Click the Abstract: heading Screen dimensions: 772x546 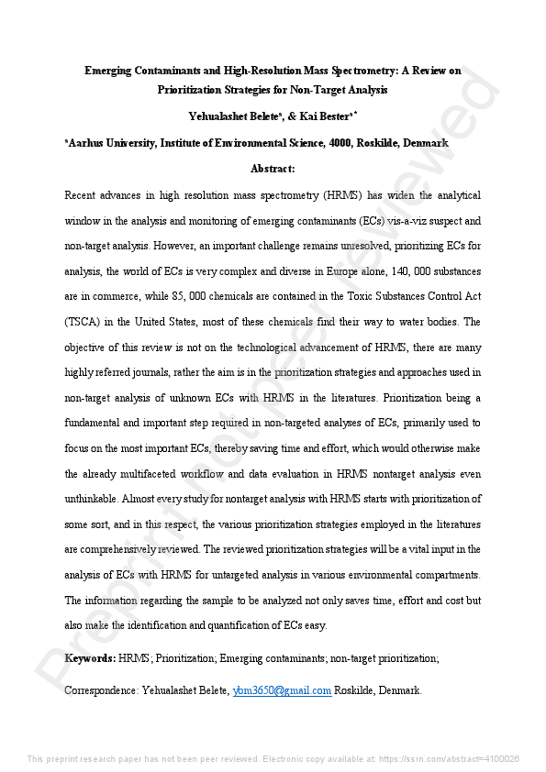click(273, 169)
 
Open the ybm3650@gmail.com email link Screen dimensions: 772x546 click(281, 690)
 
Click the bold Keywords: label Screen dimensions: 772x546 click(89, 659)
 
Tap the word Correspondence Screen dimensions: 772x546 click(101, 690)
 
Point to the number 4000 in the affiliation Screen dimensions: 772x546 click(341, 143)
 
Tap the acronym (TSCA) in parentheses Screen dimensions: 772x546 click(84, 323)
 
